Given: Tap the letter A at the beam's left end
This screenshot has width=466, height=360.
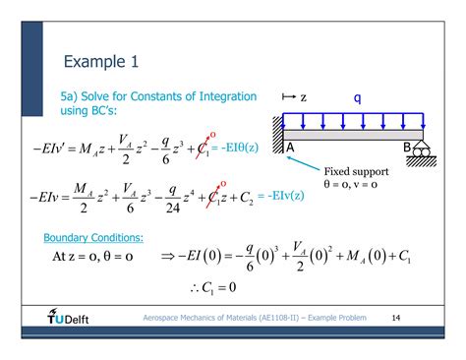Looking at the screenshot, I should (x=293, y=148).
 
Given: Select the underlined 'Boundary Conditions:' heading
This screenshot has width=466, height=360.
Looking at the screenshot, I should (x=93, y=238).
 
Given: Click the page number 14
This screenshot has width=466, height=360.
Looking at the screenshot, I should (x=396, y=319).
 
